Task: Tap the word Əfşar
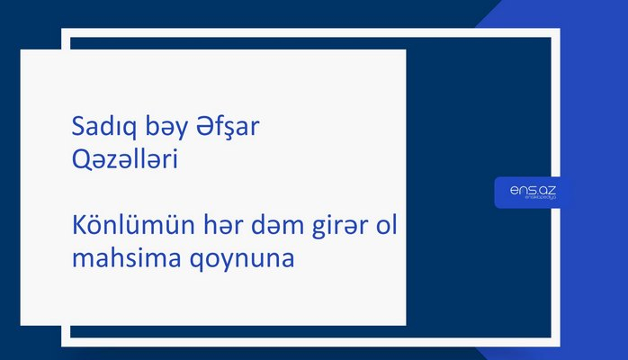(229, 130)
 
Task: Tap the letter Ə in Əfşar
(206, 130)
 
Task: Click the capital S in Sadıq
(77, 130)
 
